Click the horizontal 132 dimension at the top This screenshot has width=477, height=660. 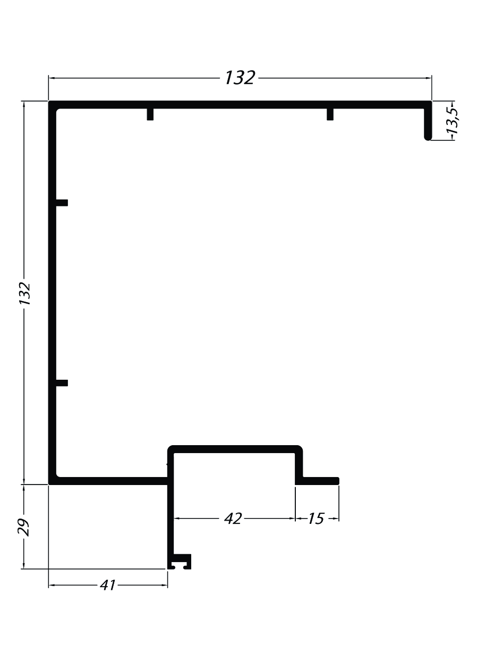[x=240, y=78]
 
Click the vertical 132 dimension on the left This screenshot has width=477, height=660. [x=25, y=294]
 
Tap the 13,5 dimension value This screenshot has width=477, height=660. [x=452, y=121]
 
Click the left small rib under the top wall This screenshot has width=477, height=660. [x=150, y=114]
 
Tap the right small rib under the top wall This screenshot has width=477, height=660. [x=330, y=114]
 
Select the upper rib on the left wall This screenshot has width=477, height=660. [x=62, y=203]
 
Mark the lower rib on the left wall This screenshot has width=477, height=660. [x=62, y=383]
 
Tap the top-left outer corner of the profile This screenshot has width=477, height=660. [x=49, y=101]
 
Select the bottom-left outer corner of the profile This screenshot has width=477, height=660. [x=49, y=484]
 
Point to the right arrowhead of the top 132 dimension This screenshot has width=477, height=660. [x=429, y=78]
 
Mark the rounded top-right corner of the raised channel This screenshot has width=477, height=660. [x=301, y=448]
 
